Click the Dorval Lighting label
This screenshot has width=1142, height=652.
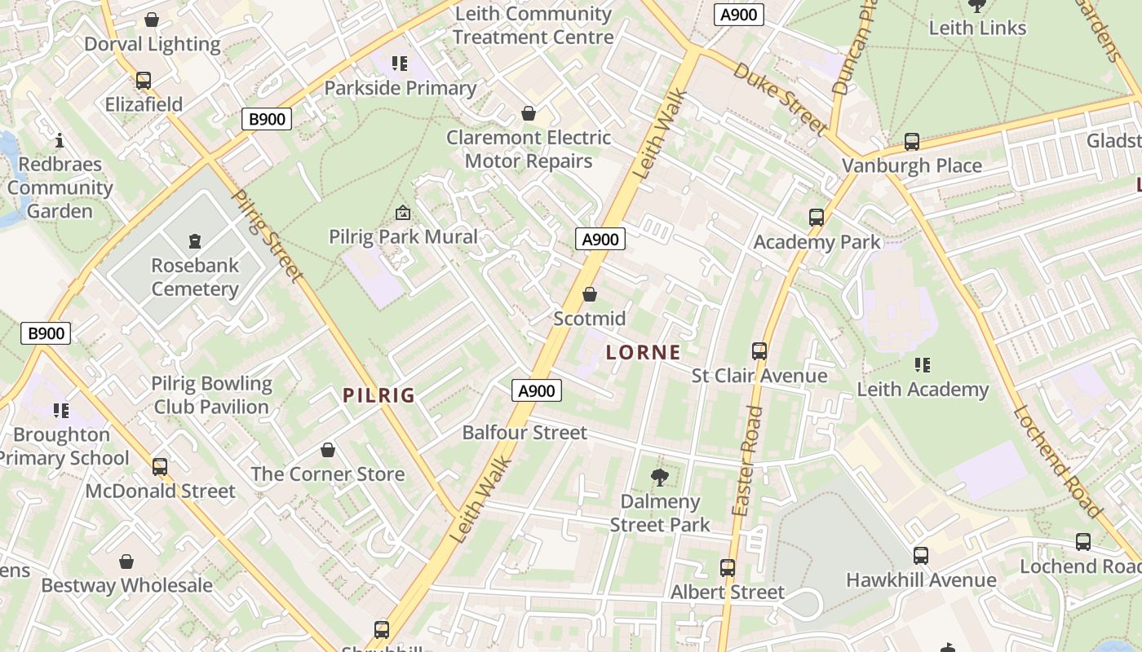click(x=153, y=44)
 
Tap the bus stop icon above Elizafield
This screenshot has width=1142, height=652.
click(x=144, y=81)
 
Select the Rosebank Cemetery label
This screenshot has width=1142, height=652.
click(x=195, y=277)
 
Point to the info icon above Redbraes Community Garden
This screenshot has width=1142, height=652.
click(x=59, y=140)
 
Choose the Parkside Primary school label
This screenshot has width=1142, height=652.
click(x=401, y=88)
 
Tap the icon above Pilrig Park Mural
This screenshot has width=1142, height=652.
click(x=402, y=214)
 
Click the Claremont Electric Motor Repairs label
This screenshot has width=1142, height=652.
click(x=529, y=149)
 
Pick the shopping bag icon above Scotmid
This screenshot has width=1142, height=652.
click(x=590, y=294)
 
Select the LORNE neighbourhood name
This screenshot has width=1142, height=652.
click(x=644, y=353)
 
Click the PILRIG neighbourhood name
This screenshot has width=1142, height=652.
click(x=379, y=396)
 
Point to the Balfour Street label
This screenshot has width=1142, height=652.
click(x=525, y=432)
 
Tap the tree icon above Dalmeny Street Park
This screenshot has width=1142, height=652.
click(x=660, y=478)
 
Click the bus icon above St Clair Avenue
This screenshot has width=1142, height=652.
click(x=759, y=351)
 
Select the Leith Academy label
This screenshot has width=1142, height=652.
click(x=923, y=390)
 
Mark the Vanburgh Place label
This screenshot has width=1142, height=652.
click(x=912, y=166)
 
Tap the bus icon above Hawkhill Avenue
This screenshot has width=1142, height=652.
click(x=921, y=556)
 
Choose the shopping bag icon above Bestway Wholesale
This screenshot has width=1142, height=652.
click(x=126, y=562)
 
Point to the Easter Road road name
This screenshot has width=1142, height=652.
click(x=747, y=460)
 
